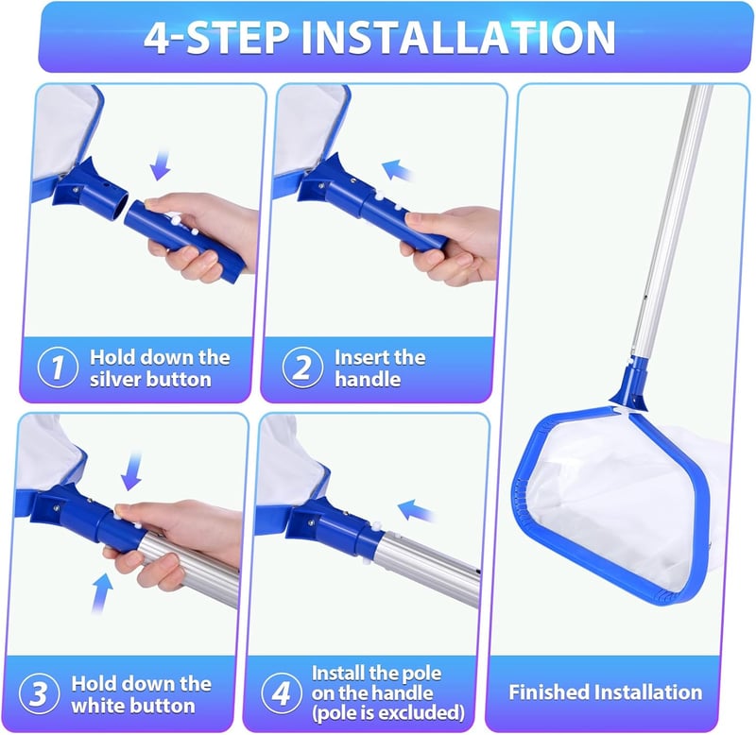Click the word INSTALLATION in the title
458,37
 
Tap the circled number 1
58,367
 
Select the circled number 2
302,367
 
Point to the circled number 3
40,693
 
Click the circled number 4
282,693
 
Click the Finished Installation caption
606,692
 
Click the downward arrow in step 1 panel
161,165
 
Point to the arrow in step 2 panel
397,170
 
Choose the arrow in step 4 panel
415,510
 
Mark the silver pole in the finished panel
672,222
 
